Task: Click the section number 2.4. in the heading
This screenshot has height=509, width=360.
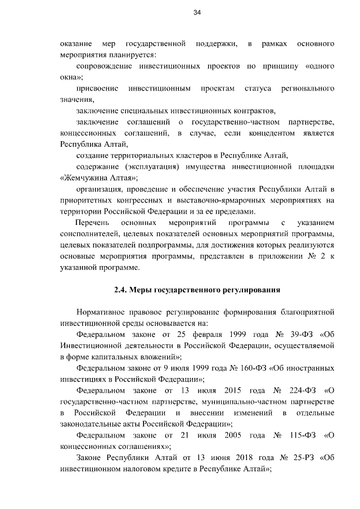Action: pyautogui.click(x=121, y=290)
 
